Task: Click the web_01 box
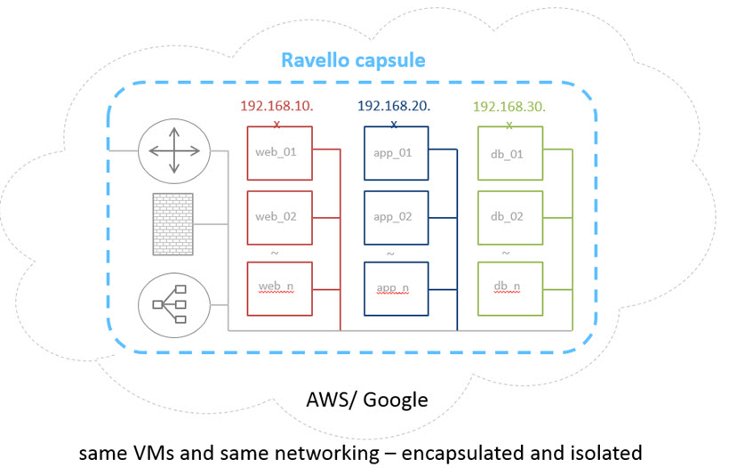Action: pos(277,153)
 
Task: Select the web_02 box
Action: pos(277,217)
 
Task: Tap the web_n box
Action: pos(277,287)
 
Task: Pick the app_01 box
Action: pos(396,153)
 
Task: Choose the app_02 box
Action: pos(396,217)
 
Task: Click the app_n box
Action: pos(396,287)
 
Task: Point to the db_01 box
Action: pos(509,153)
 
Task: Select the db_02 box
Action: pos(509,217)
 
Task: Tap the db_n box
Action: pos(509,287)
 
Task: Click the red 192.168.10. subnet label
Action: pos(276,107)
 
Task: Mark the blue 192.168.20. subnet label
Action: pos(394,107)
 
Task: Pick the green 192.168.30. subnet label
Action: pos(509,107)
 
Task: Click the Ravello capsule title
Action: pos(353,61)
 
